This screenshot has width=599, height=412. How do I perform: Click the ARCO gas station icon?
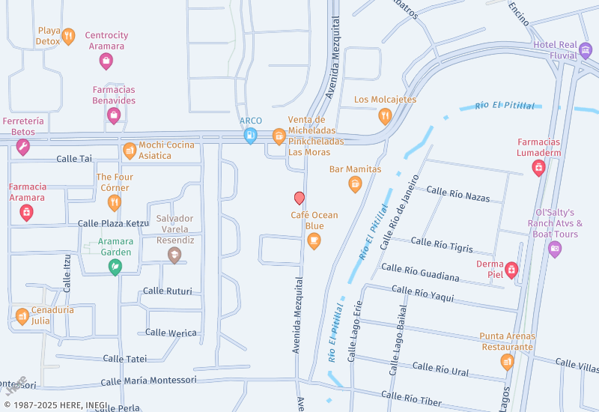[x=250, y=136]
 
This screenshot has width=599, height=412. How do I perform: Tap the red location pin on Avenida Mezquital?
[x=299, y=198]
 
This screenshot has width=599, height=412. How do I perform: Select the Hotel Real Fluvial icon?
[x=586, y=52]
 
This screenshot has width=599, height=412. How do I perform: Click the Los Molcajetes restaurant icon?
[x=385, y=115]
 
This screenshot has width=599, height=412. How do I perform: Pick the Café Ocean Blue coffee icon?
[x=314, y=240]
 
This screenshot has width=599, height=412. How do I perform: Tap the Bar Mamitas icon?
[x=355, y=184]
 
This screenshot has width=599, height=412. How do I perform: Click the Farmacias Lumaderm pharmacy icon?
[x=538, y=168]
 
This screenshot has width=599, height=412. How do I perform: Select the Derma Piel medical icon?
[x=511, y=269]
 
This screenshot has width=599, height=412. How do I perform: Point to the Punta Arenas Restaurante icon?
[x=507, y=363]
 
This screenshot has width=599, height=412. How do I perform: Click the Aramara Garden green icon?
[x=115, y=267]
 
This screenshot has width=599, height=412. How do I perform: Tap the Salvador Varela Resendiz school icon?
[x=174, y=255]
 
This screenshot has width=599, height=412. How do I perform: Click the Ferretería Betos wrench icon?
[x=23, y=147]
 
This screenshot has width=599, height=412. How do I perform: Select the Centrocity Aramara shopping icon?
[x=106, y=61]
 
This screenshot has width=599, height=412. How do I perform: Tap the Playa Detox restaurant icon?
[x=68, y=36]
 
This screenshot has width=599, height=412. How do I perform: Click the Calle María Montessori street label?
[x=149, y=381]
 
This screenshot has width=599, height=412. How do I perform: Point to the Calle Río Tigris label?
[x=442, y=244]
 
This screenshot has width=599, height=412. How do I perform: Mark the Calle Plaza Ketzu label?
[x=113, y=223]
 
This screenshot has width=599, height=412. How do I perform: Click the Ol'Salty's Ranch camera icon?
[x=554, y=249]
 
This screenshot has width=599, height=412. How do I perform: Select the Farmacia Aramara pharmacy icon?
[x=27, y=213]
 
